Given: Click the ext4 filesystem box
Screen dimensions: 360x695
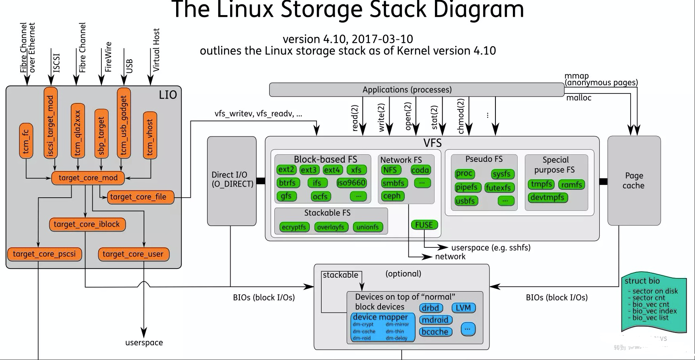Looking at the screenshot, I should coord(332,170).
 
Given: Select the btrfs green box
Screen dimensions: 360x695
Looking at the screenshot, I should coord(287,183).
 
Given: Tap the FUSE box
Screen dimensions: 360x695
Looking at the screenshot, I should coord(424,225).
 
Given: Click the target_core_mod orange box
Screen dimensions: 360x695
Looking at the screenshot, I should coord(88,178).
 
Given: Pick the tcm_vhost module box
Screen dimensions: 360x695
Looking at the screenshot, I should coord(150,136).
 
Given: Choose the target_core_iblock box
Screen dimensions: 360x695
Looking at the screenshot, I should coord(87,224).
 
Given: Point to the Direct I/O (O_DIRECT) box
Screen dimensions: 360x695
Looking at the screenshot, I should coord(232,180).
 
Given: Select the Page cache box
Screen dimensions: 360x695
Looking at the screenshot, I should coord(634,181).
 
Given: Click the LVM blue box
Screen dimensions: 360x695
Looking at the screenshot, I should coord(463,308).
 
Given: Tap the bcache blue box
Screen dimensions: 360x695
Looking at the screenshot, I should coord(435,332).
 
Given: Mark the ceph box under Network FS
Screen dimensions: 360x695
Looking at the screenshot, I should coord(392,196).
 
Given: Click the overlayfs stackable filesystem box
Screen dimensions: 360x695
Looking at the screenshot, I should coord(331,227).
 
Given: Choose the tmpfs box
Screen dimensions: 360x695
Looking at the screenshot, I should coord(542,184).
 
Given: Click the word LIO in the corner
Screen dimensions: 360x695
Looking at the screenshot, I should coord(168,95).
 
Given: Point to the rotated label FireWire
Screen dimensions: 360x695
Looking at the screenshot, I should coord(108,56).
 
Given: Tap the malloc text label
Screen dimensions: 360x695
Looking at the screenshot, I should coord(579,98).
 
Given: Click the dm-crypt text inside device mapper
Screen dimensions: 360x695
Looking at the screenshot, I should coord(363,325).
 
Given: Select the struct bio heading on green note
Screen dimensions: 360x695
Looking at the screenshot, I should coord(642,281).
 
